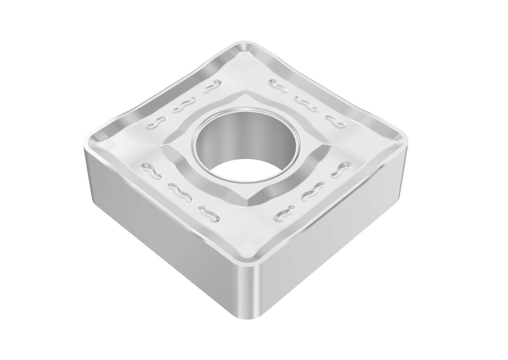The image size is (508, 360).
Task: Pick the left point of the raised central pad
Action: click(x=162, y=144)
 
